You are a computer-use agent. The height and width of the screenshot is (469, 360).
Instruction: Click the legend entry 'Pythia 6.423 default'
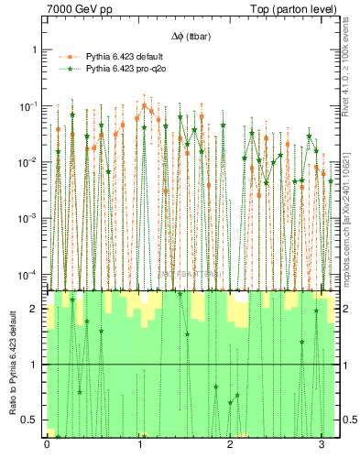click(x=123, y=56)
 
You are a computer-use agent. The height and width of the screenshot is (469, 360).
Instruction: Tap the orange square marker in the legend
click(x=67, y=56)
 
